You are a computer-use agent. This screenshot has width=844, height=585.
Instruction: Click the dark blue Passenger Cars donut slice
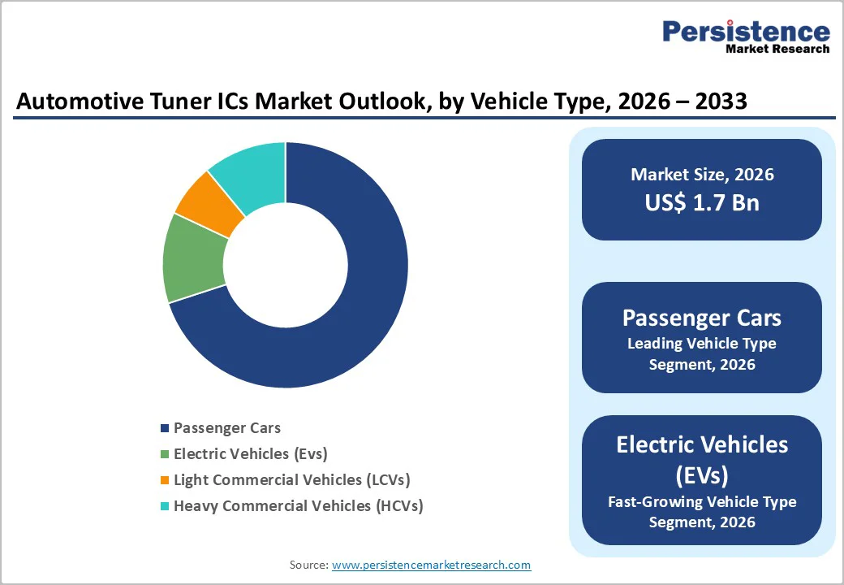pos(357,309)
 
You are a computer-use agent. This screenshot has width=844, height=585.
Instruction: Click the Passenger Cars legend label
pos(226,427)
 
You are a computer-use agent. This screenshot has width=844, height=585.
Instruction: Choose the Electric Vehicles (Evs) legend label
pos(250,453)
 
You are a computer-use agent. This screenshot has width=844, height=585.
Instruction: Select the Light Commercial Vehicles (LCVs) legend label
pos(292,479)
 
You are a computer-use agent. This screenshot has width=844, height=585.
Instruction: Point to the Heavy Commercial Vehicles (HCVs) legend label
pos(298,505)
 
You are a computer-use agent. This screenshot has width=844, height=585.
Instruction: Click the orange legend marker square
pos(166,480)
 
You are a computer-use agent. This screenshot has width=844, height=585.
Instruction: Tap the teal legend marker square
pos(166,506)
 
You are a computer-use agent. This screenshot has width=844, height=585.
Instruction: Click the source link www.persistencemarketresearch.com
pos(431,564)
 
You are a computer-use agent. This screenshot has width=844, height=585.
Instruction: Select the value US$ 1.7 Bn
pos(702,202)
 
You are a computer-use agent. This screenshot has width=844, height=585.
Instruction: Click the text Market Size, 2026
pos(702,175)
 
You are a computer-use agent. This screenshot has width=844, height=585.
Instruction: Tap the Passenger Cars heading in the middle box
pos(702,318)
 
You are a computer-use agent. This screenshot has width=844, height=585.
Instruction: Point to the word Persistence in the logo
pos(746,32)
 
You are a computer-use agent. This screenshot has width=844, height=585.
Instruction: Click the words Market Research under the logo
pos(777,49)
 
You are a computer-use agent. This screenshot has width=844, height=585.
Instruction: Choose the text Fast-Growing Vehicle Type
pos(702,501)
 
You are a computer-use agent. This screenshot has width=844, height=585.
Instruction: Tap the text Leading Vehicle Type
pos(702,344)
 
